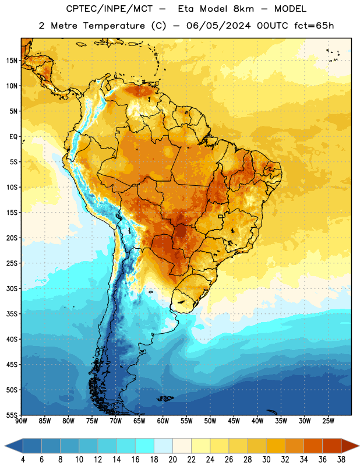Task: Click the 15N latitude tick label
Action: (x=12, y=61)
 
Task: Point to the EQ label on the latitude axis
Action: (x=13, y=137)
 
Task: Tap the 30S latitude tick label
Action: (x=12, y=288)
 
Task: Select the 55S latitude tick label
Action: (x=12, y=415)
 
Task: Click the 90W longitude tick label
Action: (x=21, y=421)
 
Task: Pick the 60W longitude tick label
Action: (x=163, y=421)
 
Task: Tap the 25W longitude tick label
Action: (x=328, y=421)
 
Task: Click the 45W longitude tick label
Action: (x=234, y=421)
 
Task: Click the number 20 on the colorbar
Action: (x=172, y=460)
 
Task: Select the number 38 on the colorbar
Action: (x=341, y=460)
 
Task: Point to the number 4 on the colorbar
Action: (x=23, y=460)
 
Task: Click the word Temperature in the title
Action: (x=114, y=26)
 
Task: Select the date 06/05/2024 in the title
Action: (x=218, y=26)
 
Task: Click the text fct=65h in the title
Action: (x=314, y=26)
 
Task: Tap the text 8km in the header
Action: (x=243, y=9)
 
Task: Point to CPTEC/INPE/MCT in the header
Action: (x=110, y=9)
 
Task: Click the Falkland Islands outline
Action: (x=165, y=398)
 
